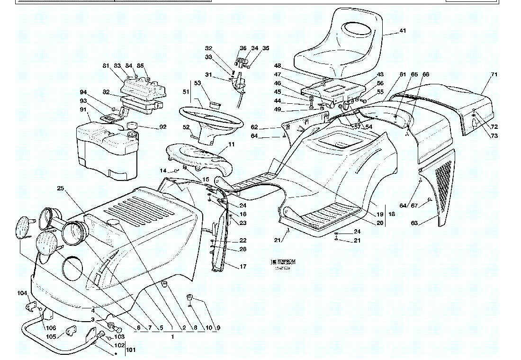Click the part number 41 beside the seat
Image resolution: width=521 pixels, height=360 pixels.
coord(402,31)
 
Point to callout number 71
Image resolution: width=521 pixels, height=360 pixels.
coord(494,75)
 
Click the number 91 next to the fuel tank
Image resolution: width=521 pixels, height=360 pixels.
coord(83,110)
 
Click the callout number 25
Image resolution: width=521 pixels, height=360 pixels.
coord(60,189)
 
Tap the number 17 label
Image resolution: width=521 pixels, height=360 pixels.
coord(243,267)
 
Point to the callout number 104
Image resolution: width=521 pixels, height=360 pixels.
coord(22,293)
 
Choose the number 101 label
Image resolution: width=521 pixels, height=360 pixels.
coord(130,351)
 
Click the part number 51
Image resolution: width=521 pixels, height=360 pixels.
coord(186,91)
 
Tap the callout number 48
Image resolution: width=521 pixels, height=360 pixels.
coord(278,65)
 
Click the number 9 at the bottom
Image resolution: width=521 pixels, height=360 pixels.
coord(218,328)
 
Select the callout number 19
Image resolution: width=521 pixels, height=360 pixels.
coord(380,214)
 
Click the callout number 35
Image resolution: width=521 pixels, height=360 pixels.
coord(266,48)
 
